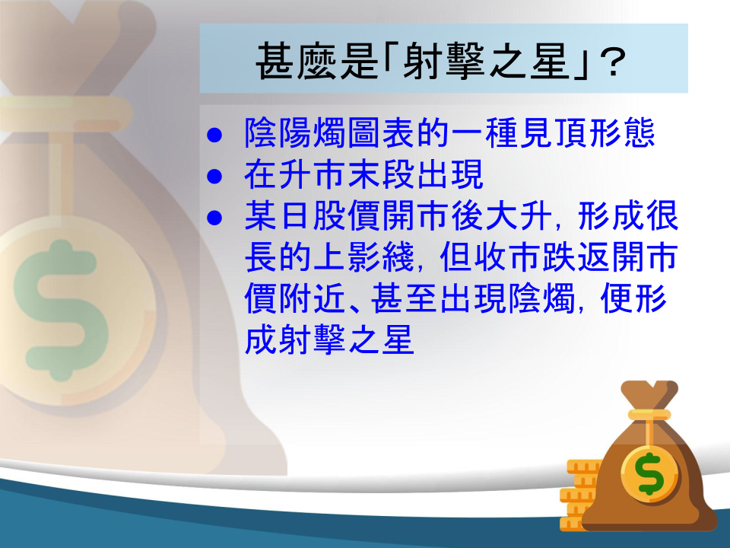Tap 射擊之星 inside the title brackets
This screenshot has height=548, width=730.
tap(487, 61)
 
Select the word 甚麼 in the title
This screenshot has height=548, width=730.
tap(297, 61)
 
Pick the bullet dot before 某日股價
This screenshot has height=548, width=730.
tap(214, 218)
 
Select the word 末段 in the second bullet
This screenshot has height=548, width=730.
tap(382, 175)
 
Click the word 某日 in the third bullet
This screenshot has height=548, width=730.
tap(278, 215)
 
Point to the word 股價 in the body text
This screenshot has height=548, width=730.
tap(348, 215)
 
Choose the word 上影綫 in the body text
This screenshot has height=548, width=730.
tap(364, 257)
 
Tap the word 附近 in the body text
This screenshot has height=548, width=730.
tap(313, 298)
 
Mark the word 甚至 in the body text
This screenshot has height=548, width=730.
tap(405, 298)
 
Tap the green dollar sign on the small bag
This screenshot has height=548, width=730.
tap(650, 473)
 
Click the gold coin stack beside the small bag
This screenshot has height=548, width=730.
tap(579, 495)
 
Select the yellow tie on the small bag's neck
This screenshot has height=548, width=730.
tap(649, 416)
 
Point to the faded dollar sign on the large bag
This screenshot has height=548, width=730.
tap(62, 310)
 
